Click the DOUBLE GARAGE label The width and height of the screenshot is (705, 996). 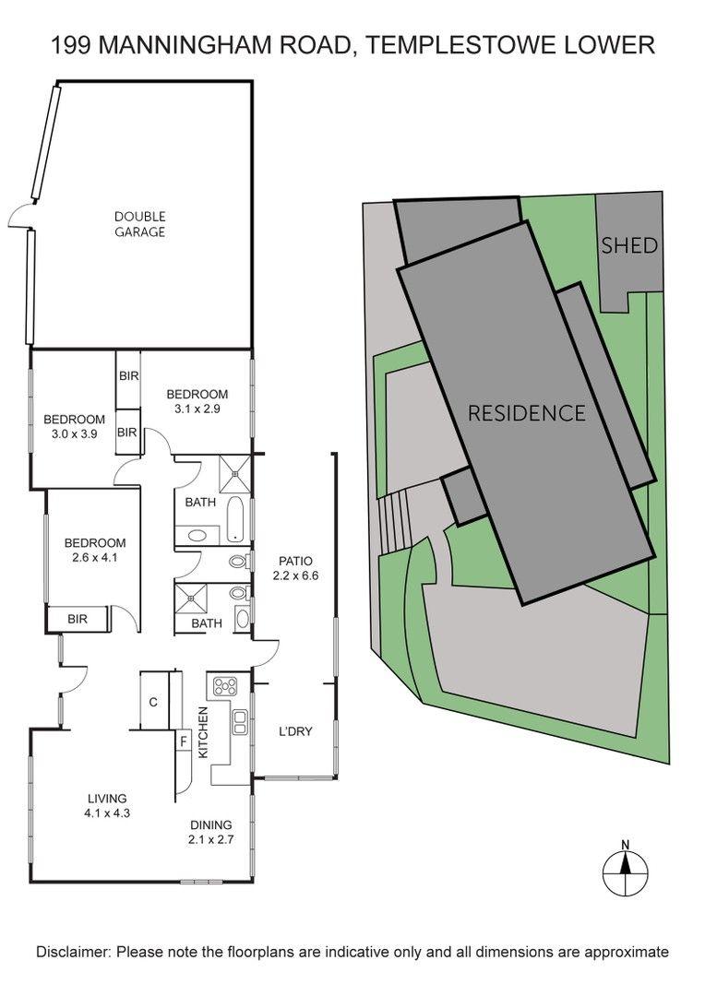(140, 224)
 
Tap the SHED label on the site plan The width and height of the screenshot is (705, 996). (628, 245)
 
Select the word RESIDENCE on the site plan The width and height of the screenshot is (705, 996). (526, 413)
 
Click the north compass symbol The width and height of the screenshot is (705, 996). (626, 868)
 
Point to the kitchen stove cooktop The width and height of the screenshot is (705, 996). (225, 686)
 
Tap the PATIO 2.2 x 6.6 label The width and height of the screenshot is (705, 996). (295, 568)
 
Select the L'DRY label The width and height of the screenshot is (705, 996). (295, 731)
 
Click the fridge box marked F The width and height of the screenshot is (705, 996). (183, 741)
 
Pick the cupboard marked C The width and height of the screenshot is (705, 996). (154, 701)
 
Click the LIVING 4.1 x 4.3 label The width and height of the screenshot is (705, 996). (107, 805)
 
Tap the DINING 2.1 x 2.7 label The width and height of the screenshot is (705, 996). (211, 832)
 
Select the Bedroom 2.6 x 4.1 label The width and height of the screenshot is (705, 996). (95, 550)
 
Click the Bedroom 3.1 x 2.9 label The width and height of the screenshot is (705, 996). (197, 401)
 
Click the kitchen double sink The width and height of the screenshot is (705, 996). (240, 721)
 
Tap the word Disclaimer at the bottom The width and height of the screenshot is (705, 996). (73, 952)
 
